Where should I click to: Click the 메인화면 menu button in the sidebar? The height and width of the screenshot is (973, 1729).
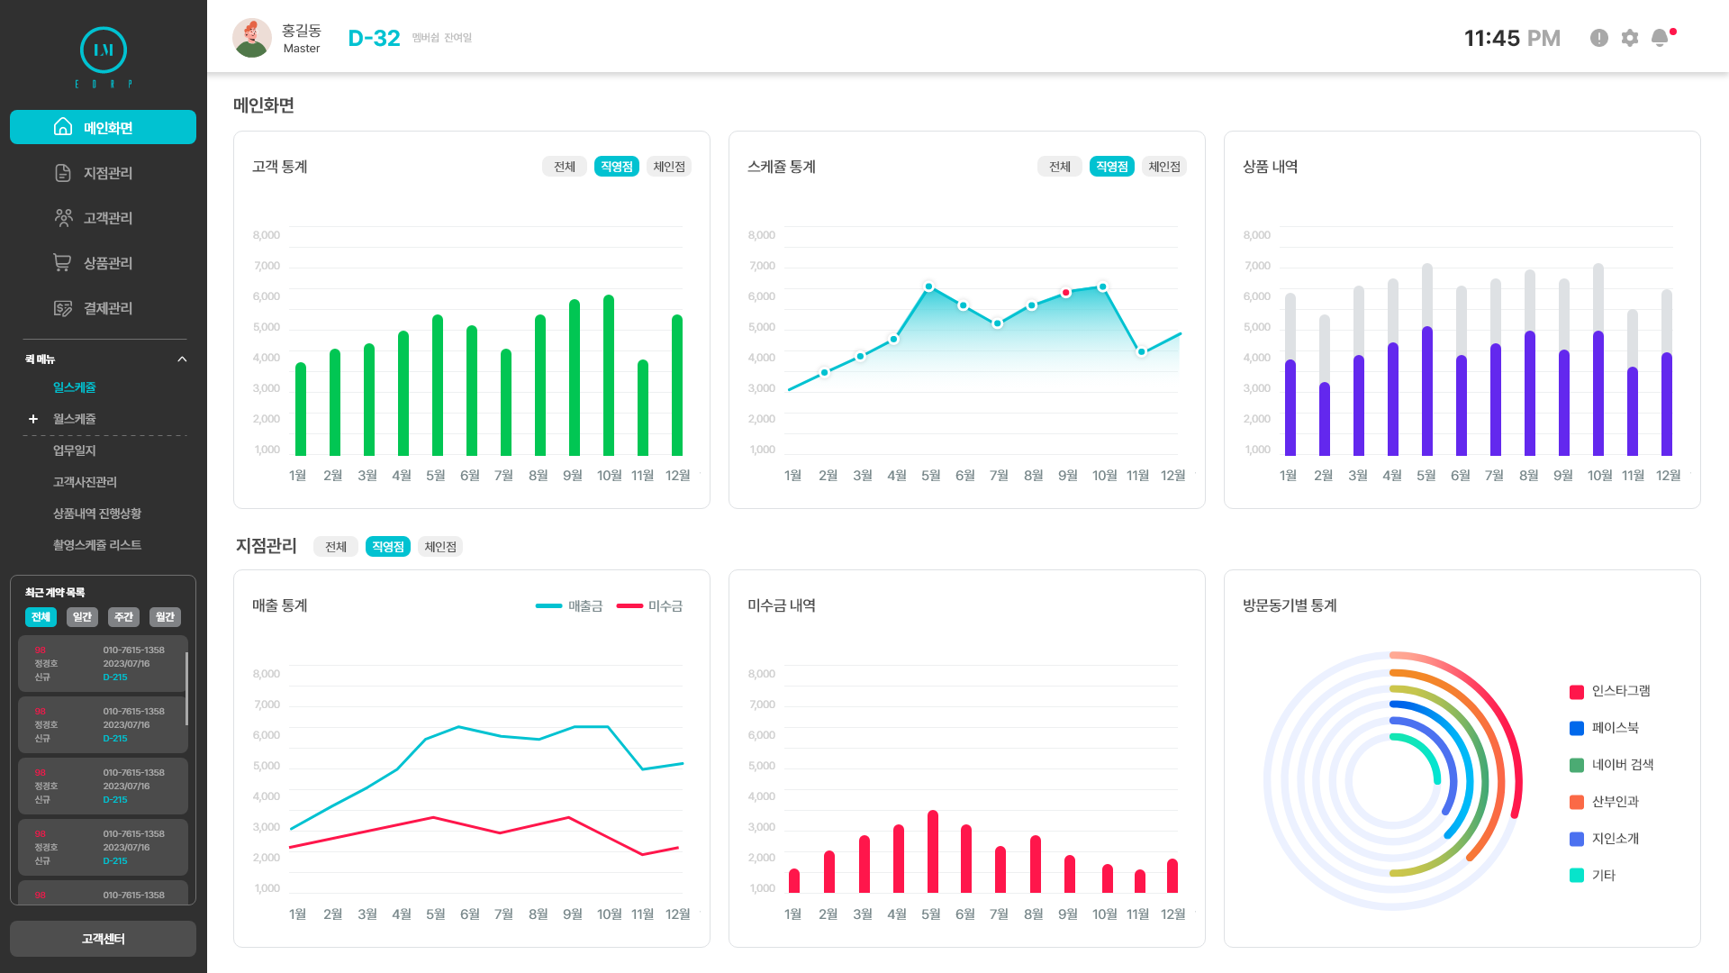tap(103, 127)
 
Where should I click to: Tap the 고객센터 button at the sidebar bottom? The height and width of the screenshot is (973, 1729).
tap(103, 939)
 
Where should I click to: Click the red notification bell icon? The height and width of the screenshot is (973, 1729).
tap(1660, 38)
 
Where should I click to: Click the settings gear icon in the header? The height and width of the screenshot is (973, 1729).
tap(1630, 38)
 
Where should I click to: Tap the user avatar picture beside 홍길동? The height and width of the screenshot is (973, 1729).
tap(252, 38)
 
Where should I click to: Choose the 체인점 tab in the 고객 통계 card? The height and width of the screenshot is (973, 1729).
tap(669, 167)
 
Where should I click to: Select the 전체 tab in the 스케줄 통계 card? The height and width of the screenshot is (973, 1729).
tap(1060, 167)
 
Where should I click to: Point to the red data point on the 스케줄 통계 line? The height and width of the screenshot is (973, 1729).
tap(1066, 293)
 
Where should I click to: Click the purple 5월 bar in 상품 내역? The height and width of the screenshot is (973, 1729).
tap(1427, 392)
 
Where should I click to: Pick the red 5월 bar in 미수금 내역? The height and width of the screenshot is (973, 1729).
tap(933, 851)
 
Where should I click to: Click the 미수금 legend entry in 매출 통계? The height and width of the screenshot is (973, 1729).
tap(650, 606)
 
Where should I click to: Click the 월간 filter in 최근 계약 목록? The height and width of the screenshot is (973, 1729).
tap(165, 617)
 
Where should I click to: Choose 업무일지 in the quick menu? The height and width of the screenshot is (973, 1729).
tap(74, 450)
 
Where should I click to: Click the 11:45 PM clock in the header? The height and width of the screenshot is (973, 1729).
tap(1512, 38)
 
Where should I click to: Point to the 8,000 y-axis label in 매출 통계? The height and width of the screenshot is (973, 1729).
tap(267, 674)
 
